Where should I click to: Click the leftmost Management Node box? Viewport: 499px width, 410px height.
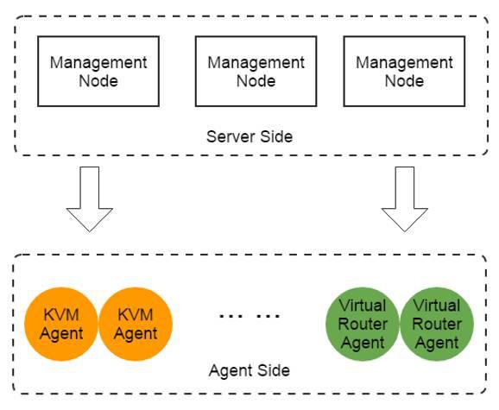98,72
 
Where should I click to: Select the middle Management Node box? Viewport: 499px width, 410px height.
256,72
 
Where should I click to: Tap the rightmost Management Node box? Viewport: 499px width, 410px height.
404,72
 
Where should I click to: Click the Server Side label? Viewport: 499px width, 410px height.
249,136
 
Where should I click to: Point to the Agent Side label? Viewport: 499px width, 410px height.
249,370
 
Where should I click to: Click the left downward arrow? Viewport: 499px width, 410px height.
90,199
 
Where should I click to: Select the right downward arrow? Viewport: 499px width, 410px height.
405,199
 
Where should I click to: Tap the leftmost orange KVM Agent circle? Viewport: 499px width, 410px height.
61,325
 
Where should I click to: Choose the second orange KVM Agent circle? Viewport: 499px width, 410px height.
136,325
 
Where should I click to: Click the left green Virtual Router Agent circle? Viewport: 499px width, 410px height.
363,325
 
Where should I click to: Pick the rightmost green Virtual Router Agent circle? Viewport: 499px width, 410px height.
437,325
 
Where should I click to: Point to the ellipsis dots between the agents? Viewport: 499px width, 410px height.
249,316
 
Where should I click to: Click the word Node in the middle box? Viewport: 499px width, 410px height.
256,81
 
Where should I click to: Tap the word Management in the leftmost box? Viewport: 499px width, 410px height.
98,63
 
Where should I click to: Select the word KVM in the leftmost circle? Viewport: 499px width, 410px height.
61,315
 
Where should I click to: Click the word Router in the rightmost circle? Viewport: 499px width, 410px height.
437,325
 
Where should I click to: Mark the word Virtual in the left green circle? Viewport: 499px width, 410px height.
363,306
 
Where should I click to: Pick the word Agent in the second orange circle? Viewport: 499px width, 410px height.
136,334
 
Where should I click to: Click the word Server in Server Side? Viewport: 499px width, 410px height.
231,136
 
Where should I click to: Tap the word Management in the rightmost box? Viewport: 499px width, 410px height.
404,63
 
